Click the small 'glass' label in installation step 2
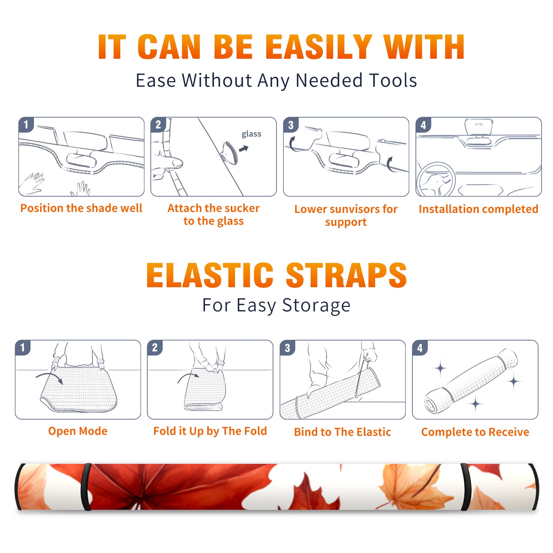click(x=251, y=134)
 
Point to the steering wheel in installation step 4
click(x=436, y=179)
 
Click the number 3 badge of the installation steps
click(x=291, y=125)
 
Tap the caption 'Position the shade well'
click(x=81, y=208)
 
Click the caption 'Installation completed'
click(x=478, y=209)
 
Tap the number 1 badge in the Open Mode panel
click(x=23, y=347)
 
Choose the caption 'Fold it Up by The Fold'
click(x=210, y=431)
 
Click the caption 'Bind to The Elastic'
click(x=343, y=432)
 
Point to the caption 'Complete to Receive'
click(x=475, y=432)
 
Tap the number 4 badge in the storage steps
click(x=420, y=348)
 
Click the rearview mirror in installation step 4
click(x=478, y=127)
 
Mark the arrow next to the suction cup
click(x=244, y=149)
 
